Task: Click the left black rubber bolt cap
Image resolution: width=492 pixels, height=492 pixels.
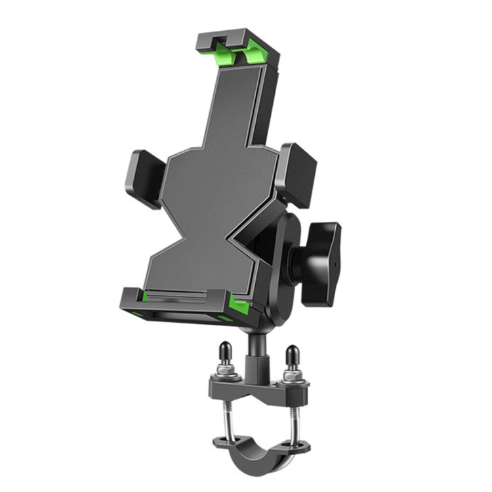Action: click(x=224, y=354)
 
